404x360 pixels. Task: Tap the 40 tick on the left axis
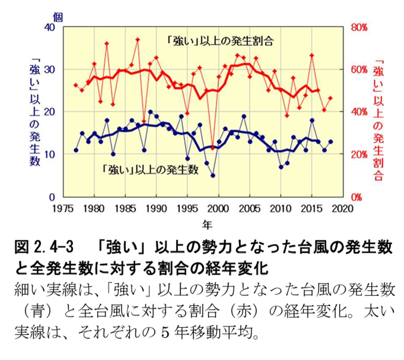pyautogui.click(x=52, y=27)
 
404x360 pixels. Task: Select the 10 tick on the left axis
pyautogui.click(x=52, y=154)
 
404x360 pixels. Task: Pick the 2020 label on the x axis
pyautogui.click(x=343, y=208)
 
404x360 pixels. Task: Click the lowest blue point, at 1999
pyautogui.click(x=213, y=176)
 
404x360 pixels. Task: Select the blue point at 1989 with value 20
pyautogui.click(x=150, y=112)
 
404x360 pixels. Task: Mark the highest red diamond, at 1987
pyautogui.click(x=138, y=39)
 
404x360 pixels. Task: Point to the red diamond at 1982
pyautogui.click(x=107, y=43)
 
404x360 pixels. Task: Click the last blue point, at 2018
pyautogui.click(x=331, y=141)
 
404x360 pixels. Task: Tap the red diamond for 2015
pyautogui.click(x=312, y=55)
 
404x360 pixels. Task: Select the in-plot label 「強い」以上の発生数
pyautogui.click(x=149, y=170)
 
